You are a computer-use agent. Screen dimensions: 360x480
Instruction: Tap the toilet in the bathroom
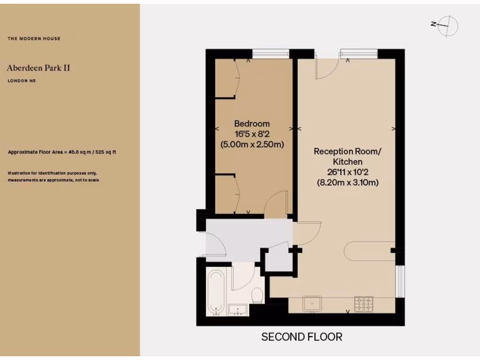(257, 295)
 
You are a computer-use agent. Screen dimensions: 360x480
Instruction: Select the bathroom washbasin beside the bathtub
(238, 309)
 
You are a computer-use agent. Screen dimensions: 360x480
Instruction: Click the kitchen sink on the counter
(312, 303)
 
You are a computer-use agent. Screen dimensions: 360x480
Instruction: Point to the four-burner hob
(363, 304)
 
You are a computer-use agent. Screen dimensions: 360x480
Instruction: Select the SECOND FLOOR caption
(301, 337)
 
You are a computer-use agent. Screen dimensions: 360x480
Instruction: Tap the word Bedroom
(252, 124)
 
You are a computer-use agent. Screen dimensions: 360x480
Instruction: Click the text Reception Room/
(347, 151)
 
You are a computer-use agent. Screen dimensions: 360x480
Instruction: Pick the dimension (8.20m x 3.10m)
(347, 182)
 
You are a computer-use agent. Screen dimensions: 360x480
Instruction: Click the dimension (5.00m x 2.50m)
(252, 144)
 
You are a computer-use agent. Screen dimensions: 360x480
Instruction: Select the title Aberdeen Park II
(38, 68)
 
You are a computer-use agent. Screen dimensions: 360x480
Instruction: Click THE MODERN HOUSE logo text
(34, 38)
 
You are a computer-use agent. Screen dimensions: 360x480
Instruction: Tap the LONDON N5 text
(22, 81)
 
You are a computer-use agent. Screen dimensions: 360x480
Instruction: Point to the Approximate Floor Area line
(62, 152)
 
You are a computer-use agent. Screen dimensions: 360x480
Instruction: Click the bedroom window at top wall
(270, 53)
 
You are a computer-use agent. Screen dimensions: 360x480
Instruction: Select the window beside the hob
(400, 281)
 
